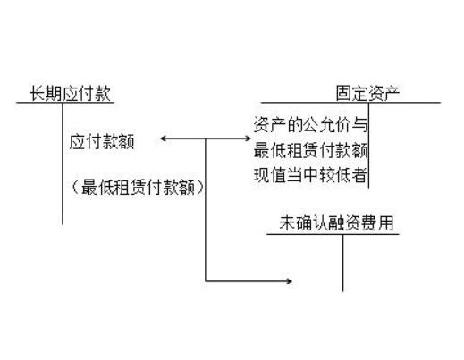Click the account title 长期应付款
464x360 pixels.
point(70,93)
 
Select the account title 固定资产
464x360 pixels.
point(367,93)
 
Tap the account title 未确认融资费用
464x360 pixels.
point(336,223)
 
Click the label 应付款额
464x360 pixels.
point(102,142)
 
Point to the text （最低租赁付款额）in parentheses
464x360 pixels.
point(138,188)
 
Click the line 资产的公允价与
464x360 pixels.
point(310,124)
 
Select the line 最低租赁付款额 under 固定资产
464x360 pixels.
point(310,150)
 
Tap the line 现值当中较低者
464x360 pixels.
point(310,175)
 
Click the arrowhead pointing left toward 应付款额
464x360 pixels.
point(164,138)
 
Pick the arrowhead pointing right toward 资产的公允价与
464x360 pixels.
point(248,138)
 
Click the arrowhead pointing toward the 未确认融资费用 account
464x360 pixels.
point(289,280)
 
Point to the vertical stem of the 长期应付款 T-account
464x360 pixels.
point(63,163)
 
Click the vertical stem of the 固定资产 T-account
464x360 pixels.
point(368,146)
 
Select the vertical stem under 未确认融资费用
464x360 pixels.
point(342,263)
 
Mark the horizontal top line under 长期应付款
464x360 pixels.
point(65,103)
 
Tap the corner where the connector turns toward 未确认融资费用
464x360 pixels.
point(206,280)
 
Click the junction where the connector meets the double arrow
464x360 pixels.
point(206,138)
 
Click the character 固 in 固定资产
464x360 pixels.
point(344,93)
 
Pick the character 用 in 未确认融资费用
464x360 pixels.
point(386,223)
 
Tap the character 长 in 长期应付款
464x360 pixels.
point(37,93)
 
